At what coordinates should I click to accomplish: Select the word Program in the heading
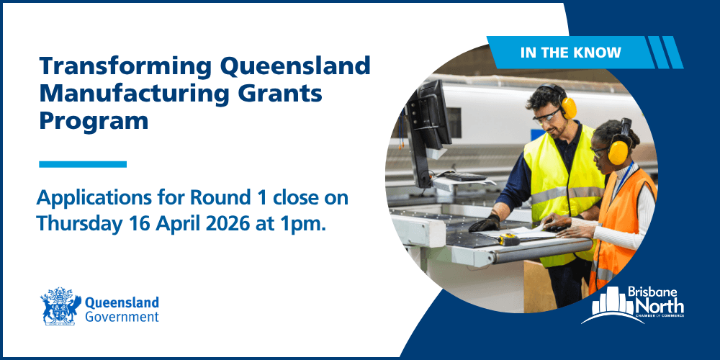pyautogui.click(x=94, y=121)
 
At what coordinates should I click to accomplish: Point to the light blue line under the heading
pyautogui.click(x=83, y=164)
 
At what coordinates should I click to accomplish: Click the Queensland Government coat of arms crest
pyautogui.click(x=60, y=306)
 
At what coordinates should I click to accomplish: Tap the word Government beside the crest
pyautogui.click(x=122, y=317)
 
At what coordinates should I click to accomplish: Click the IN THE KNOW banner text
pyautogui.click(x=571, y=53)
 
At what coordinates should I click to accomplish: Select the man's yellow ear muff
pyautogui.click(x=567, y=106)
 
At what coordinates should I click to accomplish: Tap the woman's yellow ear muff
pyautogui.click(x=618, y=151)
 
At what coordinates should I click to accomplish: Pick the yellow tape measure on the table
pyautogui.click(x=508, y=240)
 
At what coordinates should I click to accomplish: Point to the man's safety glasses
pyautogui.click(x=548, y=117)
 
